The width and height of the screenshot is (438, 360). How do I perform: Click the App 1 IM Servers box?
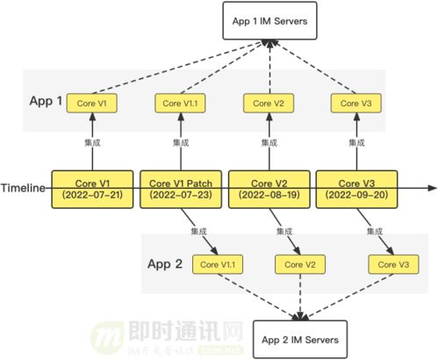pos(267,22)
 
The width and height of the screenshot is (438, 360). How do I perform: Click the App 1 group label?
pos(46,100)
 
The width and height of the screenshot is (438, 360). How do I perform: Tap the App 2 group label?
pos(167,263)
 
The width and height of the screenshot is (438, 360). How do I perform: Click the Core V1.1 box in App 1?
pos(180,104)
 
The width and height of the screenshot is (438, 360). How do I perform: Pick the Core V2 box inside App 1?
pos(266,104)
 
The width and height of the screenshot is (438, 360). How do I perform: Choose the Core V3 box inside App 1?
pos(356,104)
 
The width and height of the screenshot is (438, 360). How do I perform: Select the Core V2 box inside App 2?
pos(300,263)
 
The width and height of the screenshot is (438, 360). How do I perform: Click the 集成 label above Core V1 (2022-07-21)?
pos(92,143)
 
